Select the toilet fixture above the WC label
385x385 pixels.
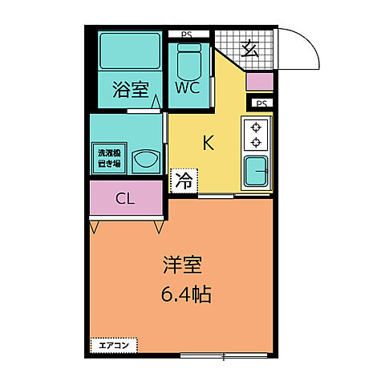point(188,57)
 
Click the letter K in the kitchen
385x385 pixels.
point(208,144)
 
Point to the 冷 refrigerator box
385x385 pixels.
point(184,180)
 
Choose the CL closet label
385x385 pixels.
point(125,199)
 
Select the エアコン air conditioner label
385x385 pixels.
point(113,346)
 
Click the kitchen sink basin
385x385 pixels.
point(257,171)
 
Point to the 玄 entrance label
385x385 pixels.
point(249,47)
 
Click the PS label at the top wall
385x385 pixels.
point(186,34)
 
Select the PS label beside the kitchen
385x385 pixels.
point(260,103)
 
